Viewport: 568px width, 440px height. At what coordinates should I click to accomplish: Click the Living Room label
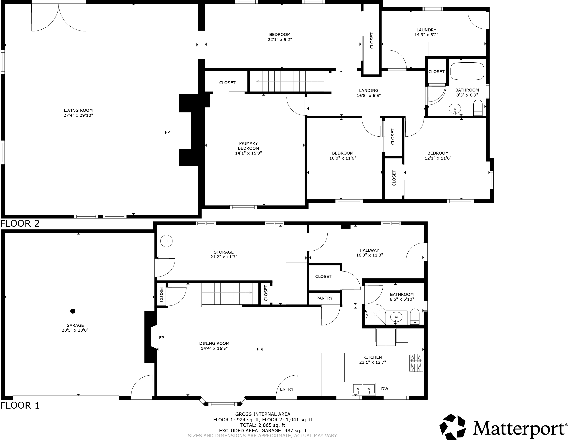pyautogui.click(x=78, y=110)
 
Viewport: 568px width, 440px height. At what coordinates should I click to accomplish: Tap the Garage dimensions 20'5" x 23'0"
pyautogui.click(x=75, y=330)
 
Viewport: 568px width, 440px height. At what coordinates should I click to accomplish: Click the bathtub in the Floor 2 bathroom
pyautogui.click(x=467, y=71)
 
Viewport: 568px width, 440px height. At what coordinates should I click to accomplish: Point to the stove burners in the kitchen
pyautogui.click(x=416, y=363)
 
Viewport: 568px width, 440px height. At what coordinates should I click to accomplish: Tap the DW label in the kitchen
pyautogui.click(x=385, y=389)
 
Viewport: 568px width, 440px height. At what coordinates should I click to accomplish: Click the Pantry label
pyautogui.click(x=324, y=298)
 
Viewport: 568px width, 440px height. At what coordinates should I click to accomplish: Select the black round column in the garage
pyautogui.click(x=73, y=311)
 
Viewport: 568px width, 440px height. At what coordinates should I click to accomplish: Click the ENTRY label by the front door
pyautogui.click(x=287, y=389)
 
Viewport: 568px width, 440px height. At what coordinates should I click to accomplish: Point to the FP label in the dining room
pyautogui.click(x=162, y=338)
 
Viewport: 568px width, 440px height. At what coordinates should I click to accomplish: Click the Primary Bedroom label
pyautogui.click(x=248, y=146)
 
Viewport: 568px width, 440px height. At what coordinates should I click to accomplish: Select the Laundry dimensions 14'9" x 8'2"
pyautogui.click(x=426, y=35)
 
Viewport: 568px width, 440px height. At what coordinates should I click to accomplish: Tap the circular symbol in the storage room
pyautogui.click(x=167, y=241)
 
